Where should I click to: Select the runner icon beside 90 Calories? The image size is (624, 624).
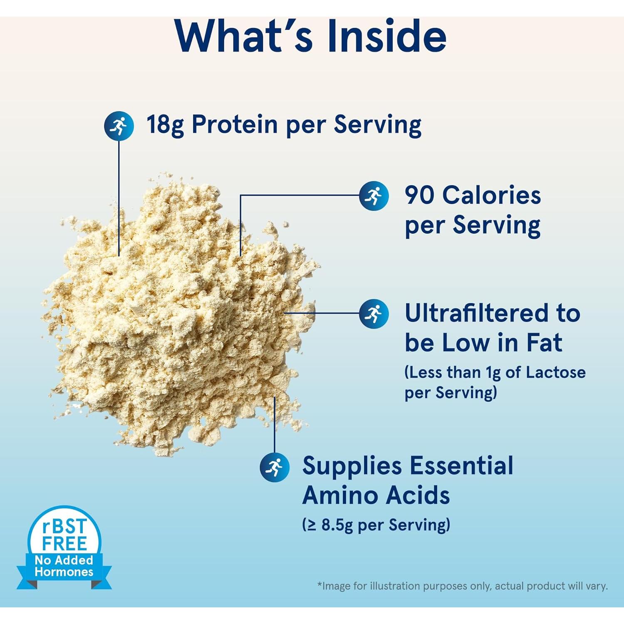374,196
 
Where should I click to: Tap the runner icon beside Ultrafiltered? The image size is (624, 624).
374,314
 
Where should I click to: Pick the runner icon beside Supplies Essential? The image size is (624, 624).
275,467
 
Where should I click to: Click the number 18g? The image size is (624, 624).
165,125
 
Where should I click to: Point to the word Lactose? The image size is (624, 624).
556,372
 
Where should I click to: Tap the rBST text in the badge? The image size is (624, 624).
64,527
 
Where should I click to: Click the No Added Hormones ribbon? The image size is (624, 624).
64,566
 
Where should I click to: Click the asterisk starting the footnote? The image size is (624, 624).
319,584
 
